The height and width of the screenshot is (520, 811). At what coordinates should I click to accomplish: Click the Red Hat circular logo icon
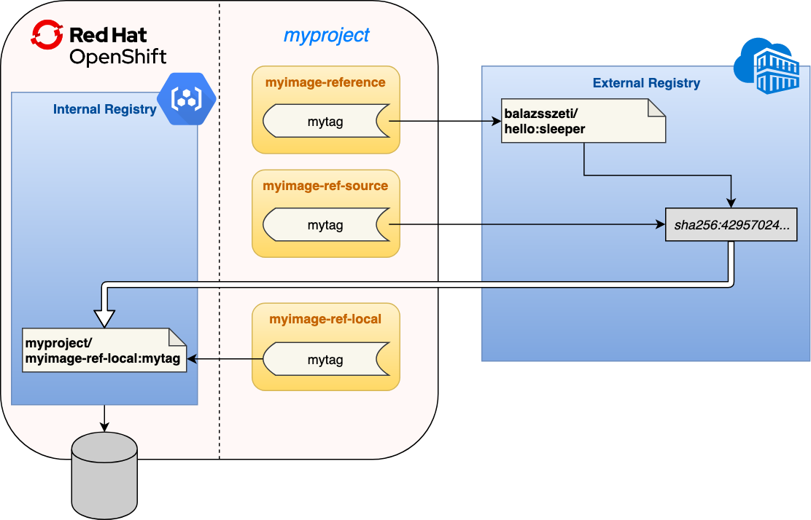pyautogui.click(x=47, y=34)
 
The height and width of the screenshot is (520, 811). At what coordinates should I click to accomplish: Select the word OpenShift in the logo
pyautogui.click(x=117, y=57)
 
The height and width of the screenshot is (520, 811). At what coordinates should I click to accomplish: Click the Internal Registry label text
pyautogui.click(x=104, y=110)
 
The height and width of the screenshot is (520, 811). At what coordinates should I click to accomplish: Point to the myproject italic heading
pyautogui.click(x=326, y=35)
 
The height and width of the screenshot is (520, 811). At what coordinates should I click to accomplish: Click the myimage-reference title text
pyautogui.click(x=325, y=82)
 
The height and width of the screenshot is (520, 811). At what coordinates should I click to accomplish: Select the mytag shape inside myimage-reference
pyautogui.click(x=325, y=122)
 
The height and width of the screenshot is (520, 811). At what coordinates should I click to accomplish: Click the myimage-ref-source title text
pyautogui.click(x=325, y=186)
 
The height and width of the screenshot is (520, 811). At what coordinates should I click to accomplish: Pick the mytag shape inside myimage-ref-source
pyautogui.click(x=325, y=225)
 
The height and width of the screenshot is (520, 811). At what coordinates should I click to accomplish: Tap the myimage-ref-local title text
pyautogui.click(x=325, y=319)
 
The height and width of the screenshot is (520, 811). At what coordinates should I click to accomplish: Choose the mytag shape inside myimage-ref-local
pyautogui.click(x=325, y=359)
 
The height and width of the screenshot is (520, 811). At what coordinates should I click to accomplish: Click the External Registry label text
pyautogui.click(x=646, y=83)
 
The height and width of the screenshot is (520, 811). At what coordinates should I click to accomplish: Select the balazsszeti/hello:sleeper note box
pyautogui.click(x=583, y=120)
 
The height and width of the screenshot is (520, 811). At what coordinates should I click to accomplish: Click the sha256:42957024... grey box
pyautogui.click(x=731, y=225)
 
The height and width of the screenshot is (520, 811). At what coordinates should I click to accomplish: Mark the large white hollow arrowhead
pyautogui.click(x=105, y=316)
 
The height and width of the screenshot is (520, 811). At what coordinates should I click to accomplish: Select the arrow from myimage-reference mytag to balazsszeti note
pyautogui.click(x=445, y=122)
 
